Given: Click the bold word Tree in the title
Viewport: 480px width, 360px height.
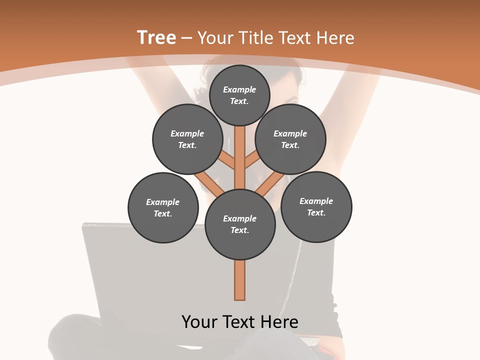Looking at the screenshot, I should coord(156,38).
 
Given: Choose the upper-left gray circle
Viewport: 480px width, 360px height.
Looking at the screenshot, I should coord(187,139).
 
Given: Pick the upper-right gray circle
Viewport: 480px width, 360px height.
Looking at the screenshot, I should coord(290,139).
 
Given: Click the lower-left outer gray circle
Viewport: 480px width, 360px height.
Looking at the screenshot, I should coord(163,207).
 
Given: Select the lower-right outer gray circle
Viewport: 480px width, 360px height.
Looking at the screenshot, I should coord(316,206).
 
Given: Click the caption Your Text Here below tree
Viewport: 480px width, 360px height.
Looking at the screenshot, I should coord(240,321).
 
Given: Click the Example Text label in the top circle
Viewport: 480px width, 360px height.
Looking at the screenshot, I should coord(239,95).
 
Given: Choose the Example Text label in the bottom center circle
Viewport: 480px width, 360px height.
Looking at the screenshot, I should coord(240,224).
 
